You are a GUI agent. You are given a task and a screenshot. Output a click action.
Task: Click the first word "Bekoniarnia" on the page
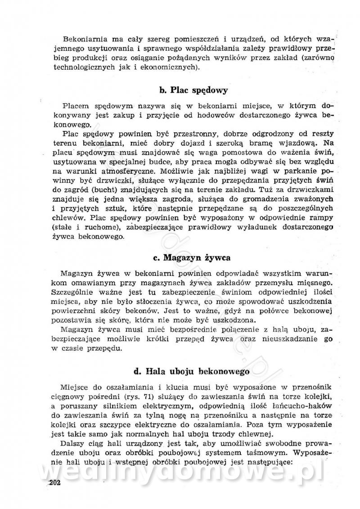[85, 37]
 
